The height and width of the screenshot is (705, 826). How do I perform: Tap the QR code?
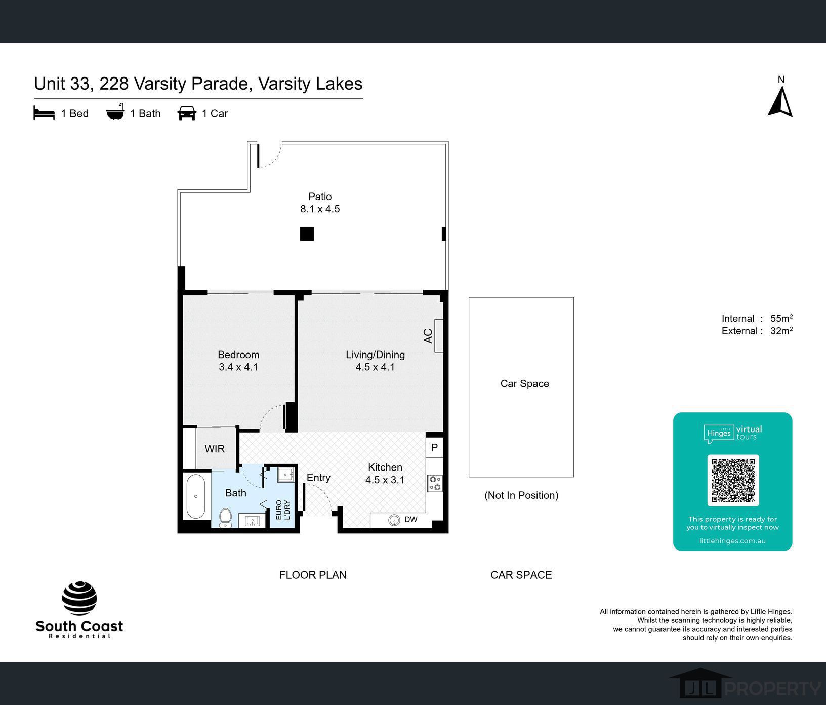pyautogui.click(x=733, y=480)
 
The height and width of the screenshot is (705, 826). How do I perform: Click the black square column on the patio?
pyautogui.click(x=307, y=233)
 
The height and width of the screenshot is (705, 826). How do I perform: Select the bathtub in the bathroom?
pyautogui.click(x=196, y=496)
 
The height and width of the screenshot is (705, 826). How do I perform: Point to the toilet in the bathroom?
pyautogui.click(x=225, y=518)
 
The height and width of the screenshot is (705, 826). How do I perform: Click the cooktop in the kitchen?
pyautogui.click(x=435, y=483)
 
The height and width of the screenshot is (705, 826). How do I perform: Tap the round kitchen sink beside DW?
pyautogui.click(x=394, y=520)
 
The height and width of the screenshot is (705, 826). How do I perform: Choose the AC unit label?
pyautogui.click(x=428, y=336)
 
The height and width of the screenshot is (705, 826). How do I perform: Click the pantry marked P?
pyautogui.click(x=434, y=448)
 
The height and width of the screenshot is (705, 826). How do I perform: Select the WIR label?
pyautogui.click(x=215, y=449)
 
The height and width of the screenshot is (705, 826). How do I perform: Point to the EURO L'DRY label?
pyautogui.click(x=282, y=510)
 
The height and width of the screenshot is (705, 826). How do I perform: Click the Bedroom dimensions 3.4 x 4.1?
pyautogui.click(x=238, y=367)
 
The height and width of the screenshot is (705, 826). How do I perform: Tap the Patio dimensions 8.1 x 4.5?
pyautogui.click(x=320, y=209)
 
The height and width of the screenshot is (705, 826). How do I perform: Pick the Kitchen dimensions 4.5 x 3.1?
pyautogui.click(x=385, y=480)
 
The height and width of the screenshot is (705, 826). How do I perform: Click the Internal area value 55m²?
pyautogui.click(x=781, y=318)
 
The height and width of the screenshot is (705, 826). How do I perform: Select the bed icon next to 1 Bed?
pyautogui.click(x=44, y=113)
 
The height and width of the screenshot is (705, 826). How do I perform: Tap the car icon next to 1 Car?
pyautogui.click(x=187, y=113)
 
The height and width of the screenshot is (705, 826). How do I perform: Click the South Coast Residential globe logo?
pyautogui.click(x=79, y=598)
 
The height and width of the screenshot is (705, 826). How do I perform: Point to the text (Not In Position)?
pyautogui.click(x=521, y=495)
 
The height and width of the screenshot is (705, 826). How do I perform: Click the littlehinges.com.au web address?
pyautogui.click(x=732, y=541)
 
